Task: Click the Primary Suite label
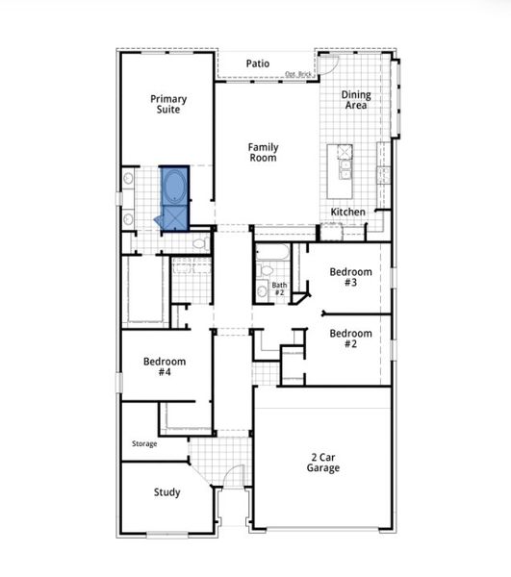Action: pyautogui.click(x=167, y=104)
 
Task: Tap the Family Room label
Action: pyautogui.click(x=263, y=152)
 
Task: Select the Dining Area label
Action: pyautogui.click(x=356, y=100)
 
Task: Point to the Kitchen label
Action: pyautogui.click(x=347, y=212)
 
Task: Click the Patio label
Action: pyautogui.click(x=257, y=63)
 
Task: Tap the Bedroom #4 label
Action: pyautogui.click(x=165, y=366)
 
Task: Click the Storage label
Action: pyautogui.click(x=144, y=443)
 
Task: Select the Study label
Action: pyautogui.click(x=166, y=492)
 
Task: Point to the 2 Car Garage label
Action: pyautogui.click(x=323, y=462)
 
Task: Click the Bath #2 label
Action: pyautogui.click(x=279, y=288)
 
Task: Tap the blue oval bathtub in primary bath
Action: pyautogui.click(x=175, y=185)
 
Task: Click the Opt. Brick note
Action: pyautogui.click(x=298, y=73)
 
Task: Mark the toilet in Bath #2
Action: pyautogui.click(x=262, y=291)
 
